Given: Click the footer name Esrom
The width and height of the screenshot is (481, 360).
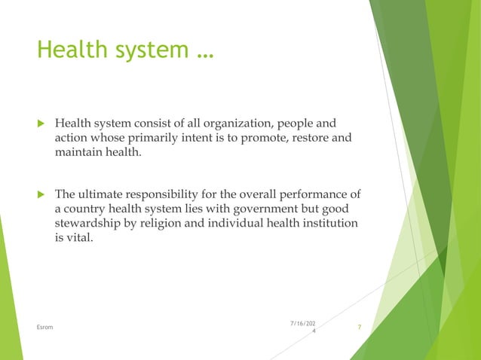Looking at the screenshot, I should tap(44, 327).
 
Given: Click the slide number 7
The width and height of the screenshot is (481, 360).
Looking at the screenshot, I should tap(360, 327).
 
